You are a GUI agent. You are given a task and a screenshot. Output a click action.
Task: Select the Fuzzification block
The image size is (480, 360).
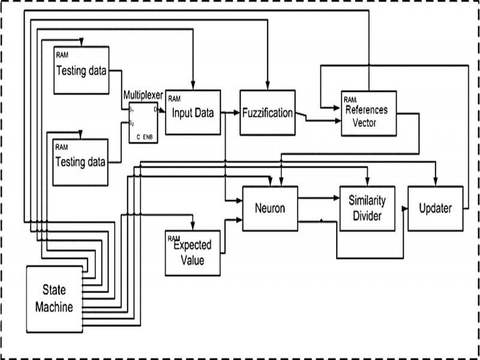pos(268,113)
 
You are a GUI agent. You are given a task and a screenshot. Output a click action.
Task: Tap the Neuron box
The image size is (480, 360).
pos(269,208)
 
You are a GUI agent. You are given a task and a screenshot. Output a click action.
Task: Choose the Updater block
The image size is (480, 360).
pos(436,208)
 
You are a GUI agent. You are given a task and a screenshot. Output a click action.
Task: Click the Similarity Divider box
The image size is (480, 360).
pos(367,208)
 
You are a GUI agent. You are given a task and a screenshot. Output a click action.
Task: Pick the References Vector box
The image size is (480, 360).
pos(368,113)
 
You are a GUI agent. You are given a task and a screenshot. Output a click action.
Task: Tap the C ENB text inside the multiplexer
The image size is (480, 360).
pos(144,137)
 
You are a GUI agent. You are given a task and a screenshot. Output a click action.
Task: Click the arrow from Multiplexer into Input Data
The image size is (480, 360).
pos(161,111)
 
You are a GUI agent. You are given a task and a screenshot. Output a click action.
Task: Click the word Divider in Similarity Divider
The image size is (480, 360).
pos(367,215)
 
